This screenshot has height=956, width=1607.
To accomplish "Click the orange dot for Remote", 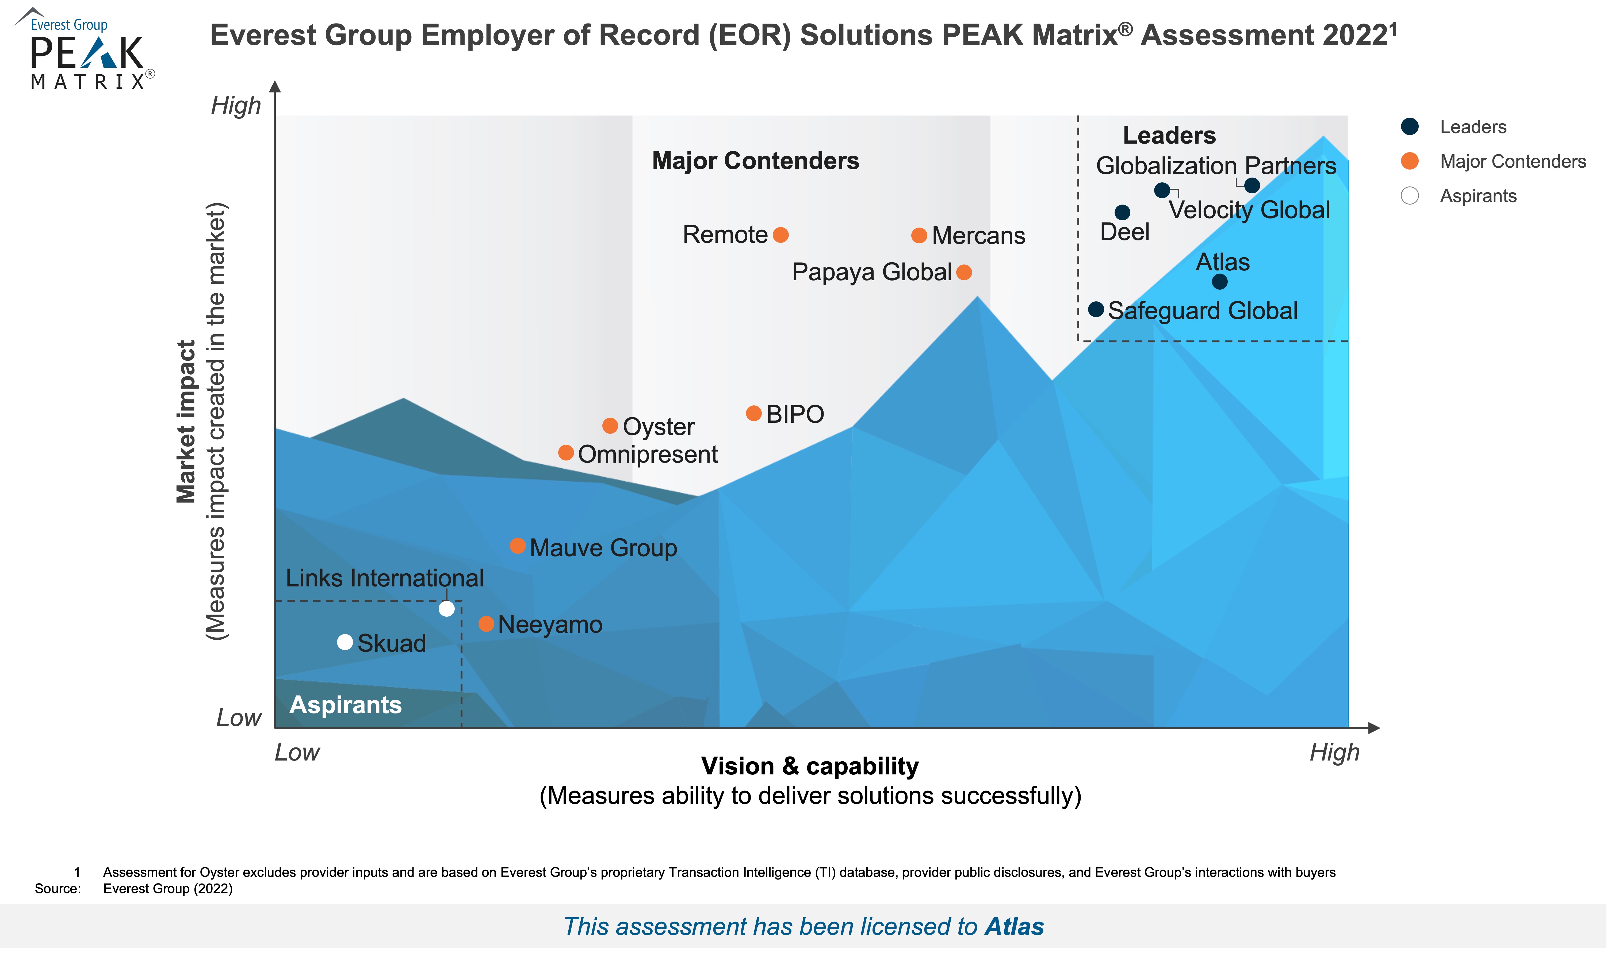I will pos(780,235).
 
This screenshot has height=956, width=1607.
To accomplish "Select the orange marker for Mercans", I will pos(919,236).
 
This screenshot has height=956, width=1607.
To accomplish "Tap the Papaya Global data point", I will pos(964,272).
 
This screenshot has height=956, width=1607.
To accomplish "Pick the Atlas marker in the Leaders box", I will pos(1219,282).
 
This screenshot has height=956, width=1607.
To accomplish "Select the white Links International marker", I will pos(446,609).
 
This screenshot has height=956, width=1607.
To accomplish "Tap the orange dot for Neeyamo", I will pos(487,624).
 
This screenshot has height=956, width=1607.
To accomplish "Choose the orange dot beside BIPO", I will pos(753,414).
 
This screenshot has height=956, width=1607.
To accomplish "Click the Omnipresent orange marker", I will pos(566,453).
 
